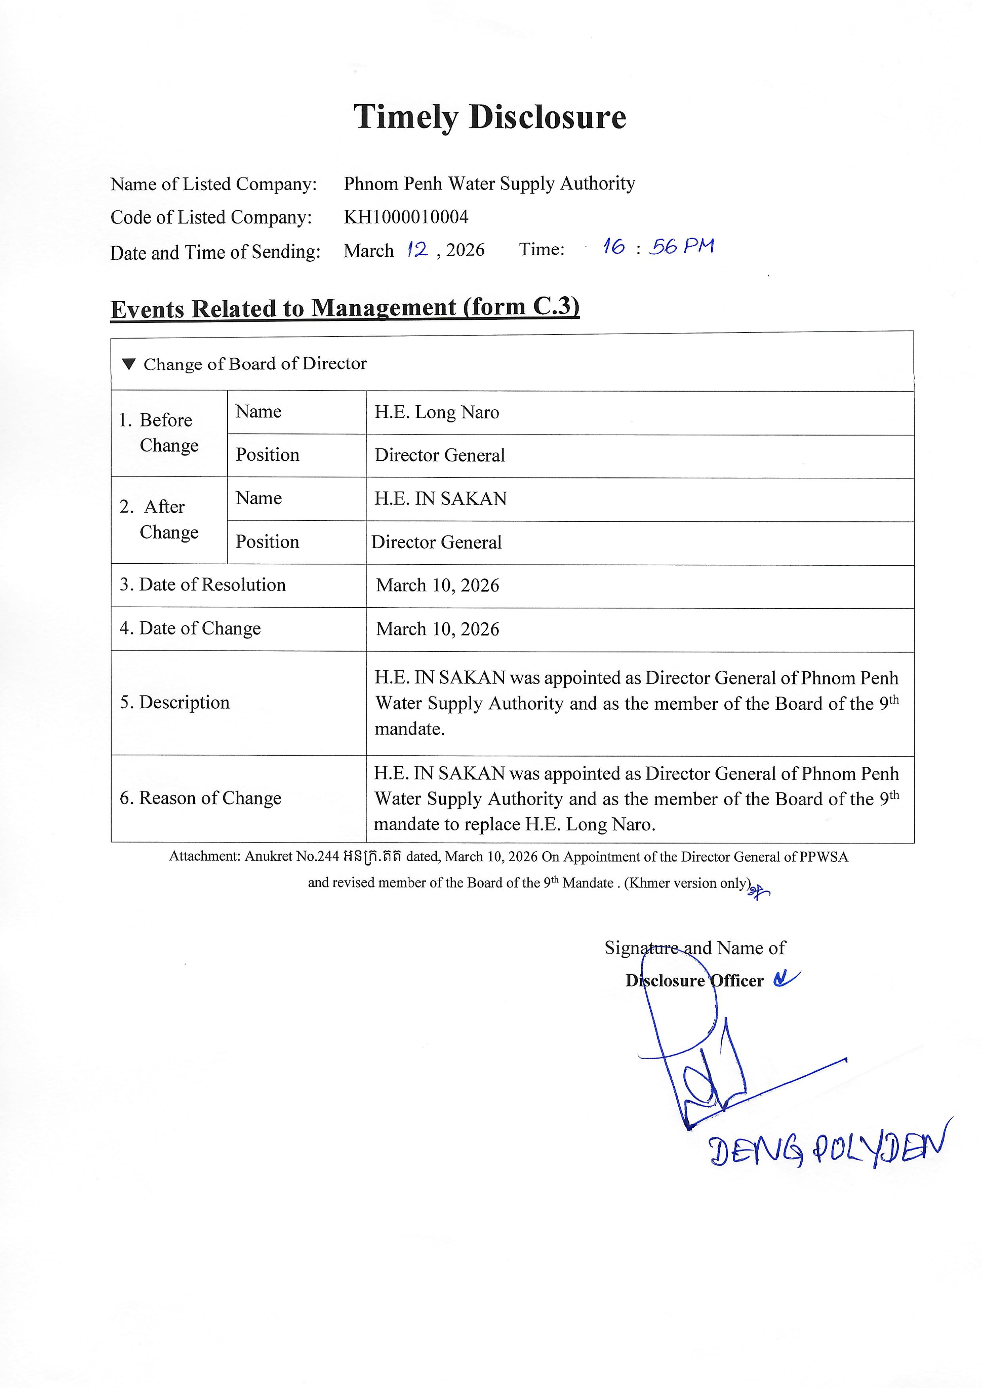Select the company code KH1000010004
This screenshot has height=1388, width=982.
tap(406, 217)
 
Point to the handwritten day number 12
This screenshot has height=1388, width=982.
tap(417, 249)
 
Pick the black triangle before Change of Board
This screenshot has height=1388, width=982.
tap(128, 364)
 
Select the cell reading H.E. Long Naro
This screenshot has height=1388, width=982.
tap(437, 412)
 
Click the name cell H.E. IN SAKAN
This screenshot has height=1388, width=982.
tap(440, 499)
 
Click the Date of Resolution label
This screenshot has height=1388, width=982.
tap(203, 585)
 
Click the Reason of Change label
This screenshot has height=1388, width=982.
tap(201, 798)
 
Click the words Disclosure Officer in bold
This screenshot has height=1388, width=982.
tap(694, 981)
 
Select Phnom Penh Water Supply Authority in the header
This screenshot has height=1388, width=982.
tap(489, 183)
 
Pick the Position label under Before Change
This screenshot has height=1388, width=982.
tap(267, 455)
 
